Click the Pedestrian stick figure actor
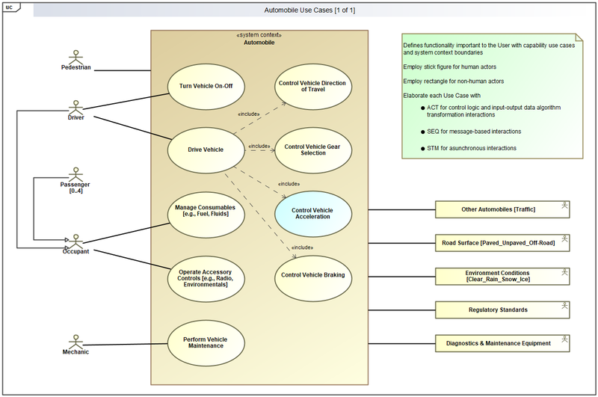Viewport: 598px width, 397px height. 75,57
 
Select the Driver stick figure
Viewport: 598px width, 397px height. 75,105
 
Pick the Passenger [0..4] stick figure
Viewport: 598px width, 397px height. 75,173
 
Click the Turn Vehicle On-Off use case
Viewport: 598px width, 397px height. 206,86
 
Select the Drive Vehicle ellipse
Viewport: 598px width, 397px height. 206,150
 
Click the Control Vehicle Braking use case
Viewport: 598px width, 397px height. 313,275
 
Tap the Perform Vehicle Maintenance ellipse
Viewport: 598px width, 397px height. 206,343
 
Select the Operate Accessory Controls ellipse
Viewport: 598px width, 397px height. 206,275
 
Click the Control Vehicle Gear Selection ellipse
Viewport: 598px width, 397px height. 313,150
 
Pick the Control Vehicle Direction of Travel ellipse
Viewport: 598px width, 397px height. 313,86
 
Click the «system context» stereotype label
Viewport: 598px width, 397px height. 259,35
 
